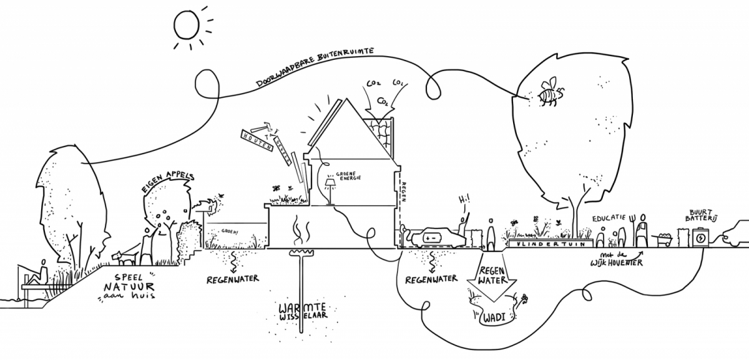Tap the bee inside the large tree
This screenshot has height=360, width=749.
click(x=548, y=92)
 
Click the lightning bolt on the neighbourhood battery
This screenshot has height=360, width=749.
click(x=700, y=238)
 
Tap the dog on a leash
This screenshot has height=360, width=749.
click(x=122, y=255)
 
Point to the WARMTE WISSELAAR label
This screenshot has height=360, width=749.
click(x=302, y=311)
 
